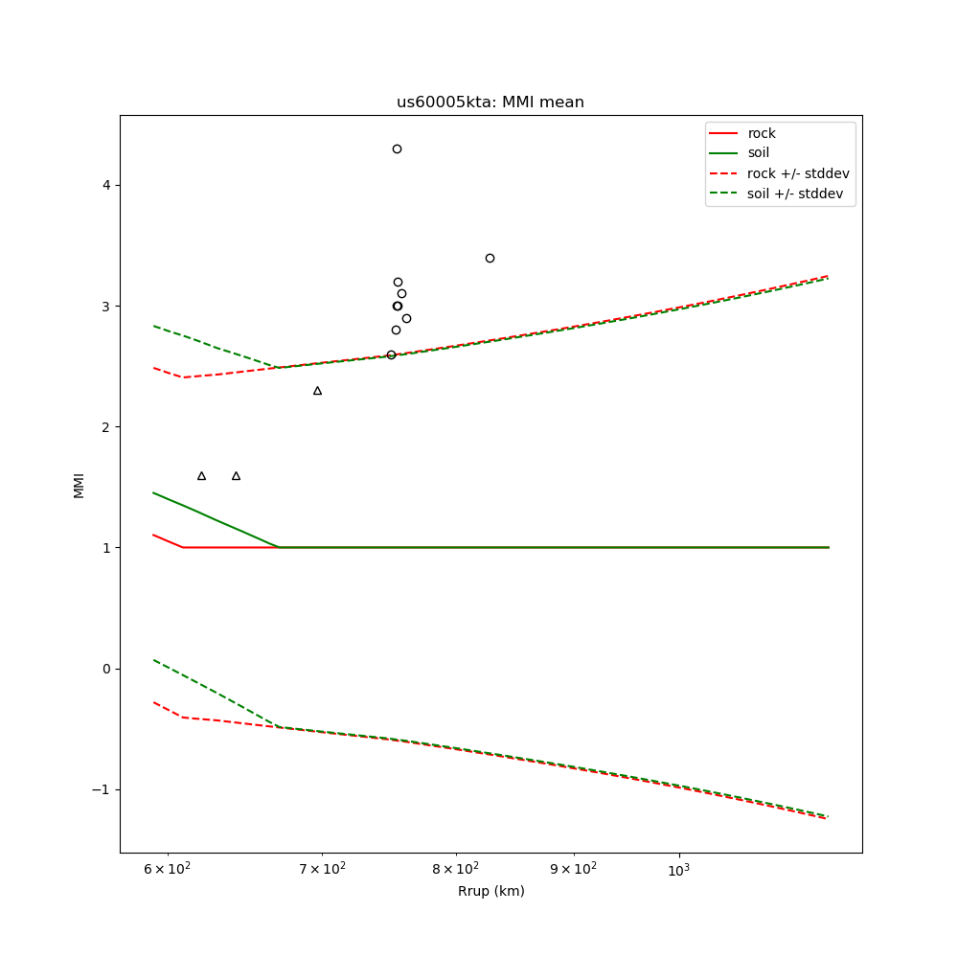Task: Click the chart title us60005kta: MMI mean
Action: [x=490, y=103]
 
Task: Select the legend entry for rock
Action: [x=762, y=133]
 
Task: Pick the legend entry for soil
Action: [x=759, y=153]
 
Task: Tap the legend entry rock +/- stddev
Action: [x=798, y=173]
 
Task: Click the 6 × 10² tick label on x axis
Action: [x=169, y=868]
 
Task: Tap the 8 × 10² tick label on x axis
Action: [x=455, y=868]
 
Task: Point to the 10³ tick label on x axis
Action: [x=679, y=868]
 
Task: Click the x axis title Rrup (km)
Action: [x=490, y=892]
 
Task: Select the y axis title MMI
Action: [x=79, y=485]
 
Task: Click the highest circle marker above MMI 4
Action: [x=397, y=148]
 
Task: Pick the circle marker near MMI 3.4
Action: [x=490, y=258]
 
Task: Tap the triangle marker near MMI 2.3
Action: [x=317, y=391]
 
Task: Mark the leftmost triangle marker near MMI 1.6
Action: [x=201, y=476]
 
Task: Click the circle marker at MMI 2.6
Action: [x=391, y=354]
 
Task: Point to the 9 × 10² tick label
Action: [x=574, y=868]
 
